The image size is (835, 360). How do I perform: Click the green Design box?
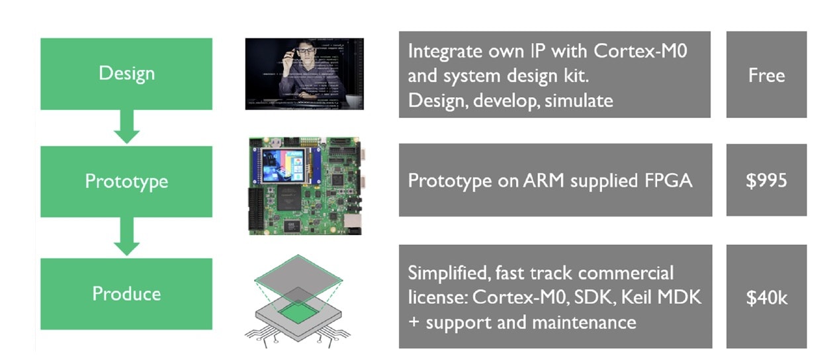126,74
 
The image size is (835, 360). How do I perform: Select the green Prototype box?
126,181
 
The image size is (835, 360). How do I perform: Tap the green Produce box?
126,294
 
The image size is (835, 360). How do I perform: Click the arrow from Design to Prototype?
127,126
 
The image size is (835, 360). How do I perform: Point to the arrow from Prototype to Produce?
127,236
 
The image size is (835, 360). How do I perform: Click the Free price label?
766,75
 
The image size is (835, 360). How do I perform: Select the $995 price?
766,181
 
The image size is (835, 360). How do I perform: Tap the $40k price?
767,298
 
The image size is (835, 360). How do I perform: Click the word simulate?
579,101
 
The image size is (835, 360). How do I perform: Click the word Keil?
637,297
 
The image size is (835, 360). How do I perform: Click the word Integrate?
445,52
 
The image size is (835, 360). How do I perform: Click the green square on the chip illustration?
298,312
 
